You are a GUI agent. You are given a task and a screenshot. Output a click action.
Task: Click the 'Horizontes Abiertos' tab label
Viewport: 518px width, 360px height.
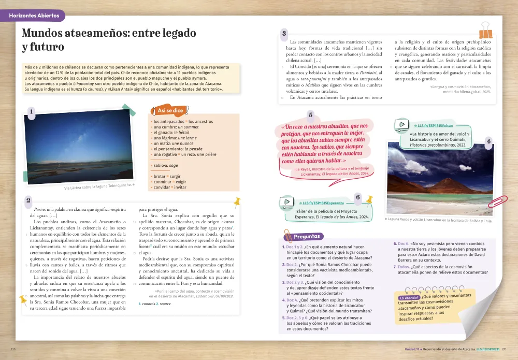(34, 16)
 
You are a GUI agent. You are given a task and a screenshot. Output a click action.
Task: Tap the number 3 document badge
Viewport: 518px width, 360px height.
(284, 34)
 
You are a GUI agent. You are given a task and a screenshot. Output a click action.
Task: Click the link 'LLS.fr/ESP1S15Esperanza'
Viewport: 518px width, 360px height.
(323, 204)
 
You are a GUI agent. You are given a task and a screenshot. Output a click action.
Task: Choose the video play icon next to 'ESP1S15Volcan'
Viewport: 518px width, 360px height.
(401, 125)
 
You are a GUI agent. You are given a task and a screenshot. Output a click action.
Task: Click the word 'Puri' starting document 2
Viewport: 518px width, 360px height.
(38, 209)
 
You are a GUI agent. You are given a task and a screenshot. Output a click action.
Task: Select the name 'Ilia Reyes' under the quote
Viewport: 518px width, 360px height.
(303, 169)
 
